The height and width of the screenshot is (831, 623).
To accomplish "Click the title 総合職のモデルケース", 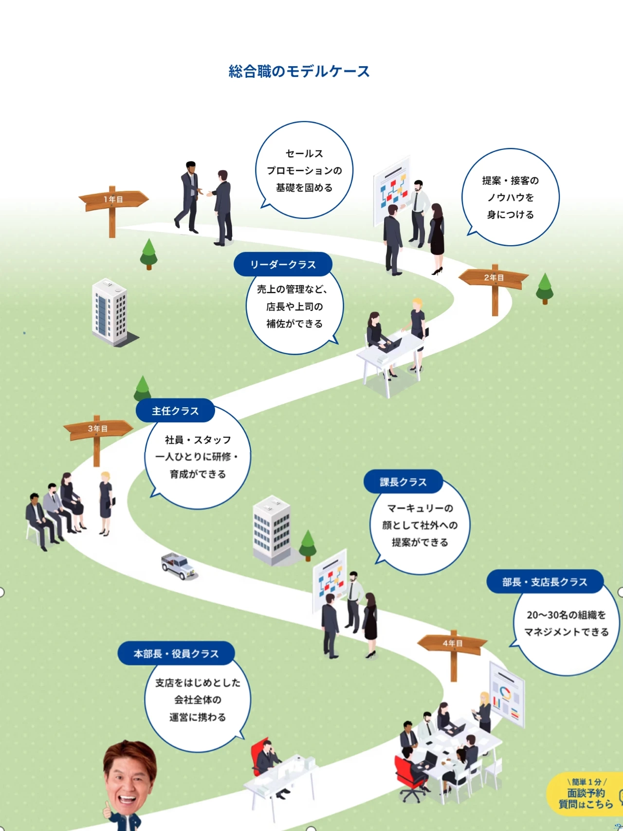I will pos(299,72).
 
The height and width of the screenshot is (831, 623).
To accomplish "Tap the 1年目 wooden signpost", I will pos(113,199).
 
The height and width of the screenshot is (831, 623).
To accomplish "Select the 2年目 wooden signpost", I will pos(494,278).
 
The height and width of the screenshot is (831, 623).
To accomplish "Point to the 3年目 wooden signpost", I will pos(98,429).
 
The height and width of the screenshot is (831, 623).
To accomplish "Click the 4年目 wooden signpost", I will pos(453,643).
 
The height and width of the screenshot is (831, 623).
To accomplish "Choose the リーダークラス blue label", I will pos(283,264).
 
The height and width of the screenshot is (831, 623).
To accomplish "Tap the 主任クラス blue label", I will pos(175,411).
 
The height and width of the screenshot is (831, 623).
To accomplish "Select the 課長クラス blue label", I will pos(403,482).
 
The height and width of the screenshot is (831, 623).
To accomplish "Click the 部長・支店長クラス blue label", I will pos(545,582).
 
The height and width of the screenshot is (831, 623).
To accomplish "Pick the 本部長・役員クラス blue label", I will pos(176,653).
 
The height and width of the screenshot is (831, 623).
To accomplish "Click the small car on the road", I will pos(179,566).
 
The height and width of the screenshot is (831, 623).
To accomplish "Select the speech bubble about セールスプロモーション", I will pos(304,170).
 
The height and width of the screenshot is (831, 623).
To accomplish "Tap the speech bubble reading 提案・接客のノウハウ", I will pos(510,197).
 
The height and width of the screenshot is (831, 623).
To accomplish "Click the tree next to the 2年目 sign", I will pos(545,288).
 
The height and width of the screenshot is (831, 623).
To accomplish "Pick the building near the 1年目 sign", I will pos(110,311).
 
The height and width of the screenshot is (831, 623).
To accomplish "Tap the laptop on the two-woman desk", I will pos(392,345).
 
